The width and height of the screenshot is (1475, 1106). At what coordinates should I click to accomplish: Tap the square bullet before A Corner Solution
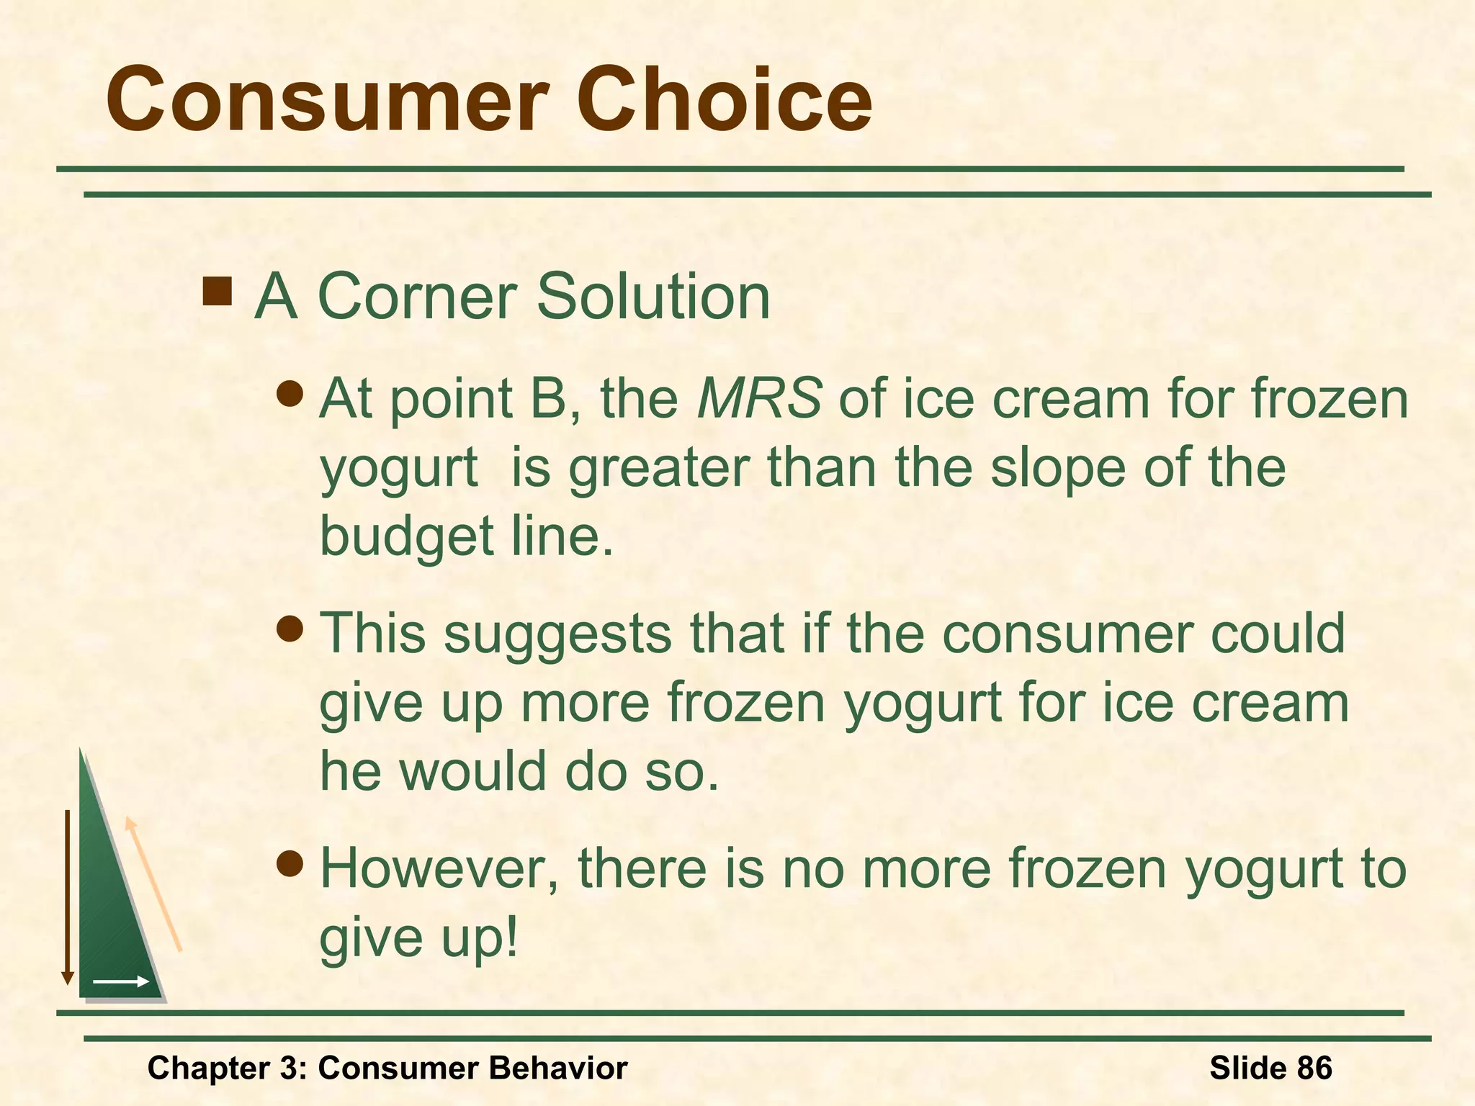pos(217,292)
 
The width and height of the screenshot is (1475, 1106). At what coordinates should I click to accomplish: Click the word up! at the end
pos(479,938)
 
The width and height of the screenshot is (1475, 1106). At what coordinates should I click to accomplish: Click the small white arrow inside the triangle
pos(120,981)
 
